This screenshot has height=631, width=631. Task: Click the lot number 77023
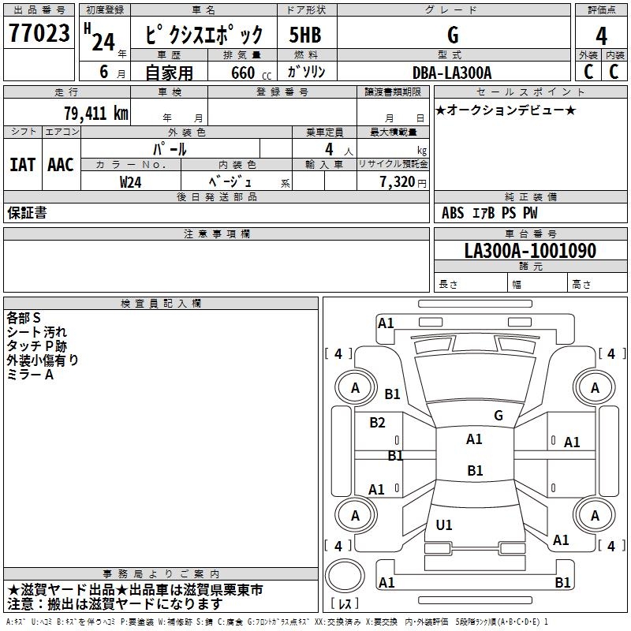pyautogui.click(x=38, y=34)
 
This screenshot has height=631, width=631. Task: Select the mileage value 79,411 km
pyautogui.click(x=95, y=114)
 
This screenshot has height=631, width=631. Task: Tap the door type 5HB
pyautogui.click(x=304, y=35)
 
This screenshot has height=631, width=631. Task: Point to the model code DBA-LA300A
pyautogui.click(x=452, y=73)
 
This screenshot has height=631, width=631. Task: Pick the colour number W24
pyautogui.click(x=131, y=181)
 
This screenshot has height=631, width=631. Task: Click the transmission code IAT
pyautogui.click(x=22, y=165)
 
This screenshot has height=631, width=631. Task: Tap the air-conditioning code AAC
pyautogui.click(x=61, y=165)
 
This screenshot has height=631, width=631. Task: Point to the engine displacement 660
pyautogui.click(x=242, y=73)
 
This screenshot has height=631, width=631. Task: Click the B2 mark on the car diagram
pyautogui.click(x=378, y=423)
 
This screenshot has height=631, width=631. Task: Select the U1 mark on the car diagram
pyautogui.click(x=444, y=525)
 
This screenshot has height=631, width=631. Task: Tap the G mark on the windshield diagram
pyautogui.click(x=498, y=415)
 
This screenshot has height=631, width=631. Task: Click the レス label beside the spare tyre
pyautogui.click(x=346, y=605)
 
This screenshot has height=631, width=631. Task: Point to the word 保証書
pyautogui.click(x=27, y=212)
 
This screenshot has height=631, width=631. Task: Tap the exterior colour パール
pyautogui.click(x=170, y=148)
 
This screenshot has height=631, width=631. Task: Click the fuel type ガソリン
pyautogui.click(x=305, y=73)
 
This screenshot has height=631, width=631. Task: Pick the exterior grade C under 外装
pyautogui.click(x=588, y=72)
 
